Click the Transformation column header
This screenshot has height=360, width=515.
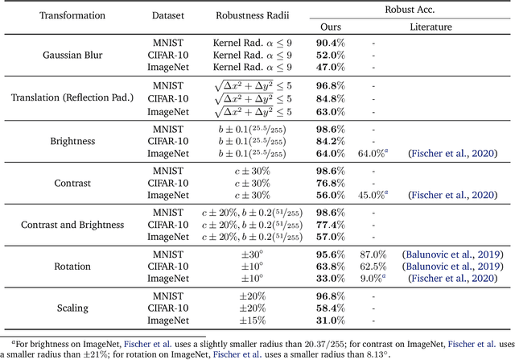(x=72, y=15)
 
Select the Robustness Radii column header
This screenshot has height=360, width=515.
(x=252, y=15)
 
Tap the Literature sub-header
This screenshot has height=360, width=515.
(x=431, y=27)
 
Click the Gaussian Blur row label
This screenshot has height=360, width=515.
(x=72, y=55)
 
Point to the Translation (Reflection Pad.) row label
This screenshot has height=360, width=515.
(x=72, y=97)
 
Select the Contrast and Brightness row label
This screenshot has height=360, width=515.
(x=72, y=225)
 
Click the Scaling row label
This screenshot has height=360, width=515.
(x=72, y=308)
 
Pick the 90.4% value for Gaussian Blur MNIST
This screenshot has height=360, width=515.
(x=331, y=43)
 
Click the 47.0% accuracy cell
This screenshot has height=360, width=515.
(x=331, y=67)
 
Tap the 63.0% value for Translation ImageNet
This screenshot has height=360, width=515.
(x=331, y=112)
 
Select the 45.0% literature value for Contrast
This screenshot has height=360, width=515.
(x=373, y=195)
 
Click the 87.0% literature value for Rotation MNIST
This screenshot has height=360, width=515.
(x=373, y=254)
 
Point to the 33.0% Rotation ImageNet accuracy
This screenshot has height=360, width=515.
(x=331, y=279)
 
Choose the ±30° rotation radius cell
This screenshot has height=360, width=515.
(x=252, y=254)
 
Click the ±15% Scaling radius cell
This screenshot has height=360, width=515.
(x=252, y=321)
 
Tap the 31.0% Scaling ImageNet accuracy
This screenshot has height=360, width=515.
(x=331, y=321)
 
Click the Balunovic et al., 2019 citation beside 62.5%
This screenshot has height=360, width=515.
(x=453, y=267)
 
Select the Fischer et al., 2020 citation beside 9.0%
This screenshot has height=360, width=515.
(x=453, y=279)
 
